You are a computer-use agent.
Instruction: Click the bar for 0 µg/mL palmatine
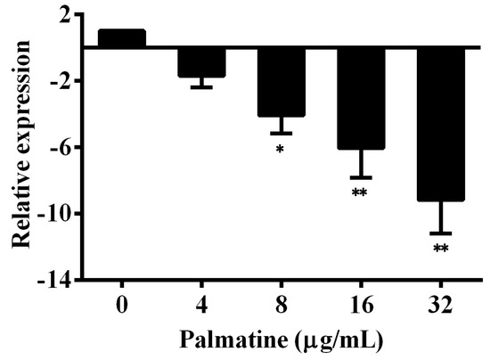121,38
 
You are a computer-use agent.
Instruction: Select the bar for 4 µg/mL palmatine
201,62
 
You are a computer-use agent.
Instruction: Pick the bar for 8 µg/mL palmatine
282,82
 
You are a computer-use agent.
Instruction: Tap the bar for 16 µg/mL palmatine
361,98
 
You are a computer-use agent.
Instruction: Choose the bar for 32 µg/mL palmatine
440,124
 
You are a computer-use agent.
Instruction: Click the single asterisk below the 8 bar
281,149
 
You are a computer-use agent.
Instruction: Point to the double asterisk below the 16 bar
361,193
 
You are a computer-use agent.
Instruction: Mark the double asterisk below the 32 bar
440,249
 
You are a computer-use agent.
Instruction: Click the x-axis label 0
121,304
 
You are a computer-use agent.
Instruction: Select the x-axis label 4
201,304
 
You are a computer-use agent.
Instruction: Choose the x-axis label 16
361,304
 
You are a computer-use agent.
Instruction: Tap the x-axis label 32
440,304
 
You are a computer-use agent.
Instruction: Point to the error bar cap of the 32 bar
440,233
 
